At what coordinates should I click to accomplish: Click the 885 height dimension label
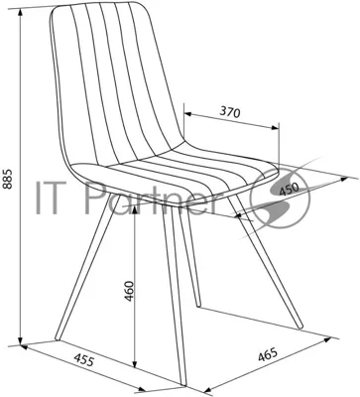click(7, 179)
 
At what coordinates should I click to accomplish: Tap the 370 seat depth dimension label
click(229, 112)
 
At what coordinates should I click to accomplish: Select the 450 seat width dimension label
click(289, 189)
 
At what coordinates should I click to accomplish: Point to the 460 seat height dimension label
click(129, 291)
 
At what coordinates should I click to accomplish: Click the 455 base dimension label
click(83, 359)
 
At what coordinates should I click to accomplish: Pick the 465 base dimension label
click(267, 355)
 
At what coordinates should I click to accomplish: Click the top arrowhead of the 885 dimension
click(21, 12)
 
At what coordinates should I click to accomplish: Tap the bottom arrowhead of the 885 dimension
click(21, 340)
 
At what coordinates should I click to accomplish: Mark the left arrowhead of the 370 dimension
click(188, 114)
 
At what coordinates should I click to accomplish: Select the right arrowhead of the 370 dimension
click(275, 128)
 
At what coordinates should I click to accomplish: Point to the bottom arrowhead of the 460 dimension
click(134, 364)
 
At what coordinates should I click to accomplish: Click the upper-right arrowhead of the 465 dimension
click(327, 339)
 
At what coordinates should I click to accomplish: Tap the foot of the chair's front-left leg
click(58, 337)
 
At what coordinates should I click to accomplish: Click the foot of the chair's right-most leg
click(300, 327)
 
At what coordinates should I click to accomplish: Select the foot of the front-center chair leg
click(183, 383)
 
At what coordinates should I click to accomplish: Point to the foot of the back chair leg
click(198, 305)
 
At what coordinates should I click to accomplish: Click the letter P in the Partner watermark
click(92, 198)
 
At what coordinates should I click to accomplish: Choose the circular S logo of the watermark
click(281, 198)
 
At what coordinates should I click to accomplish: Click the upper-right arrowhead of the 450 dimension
click(344, 179)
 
